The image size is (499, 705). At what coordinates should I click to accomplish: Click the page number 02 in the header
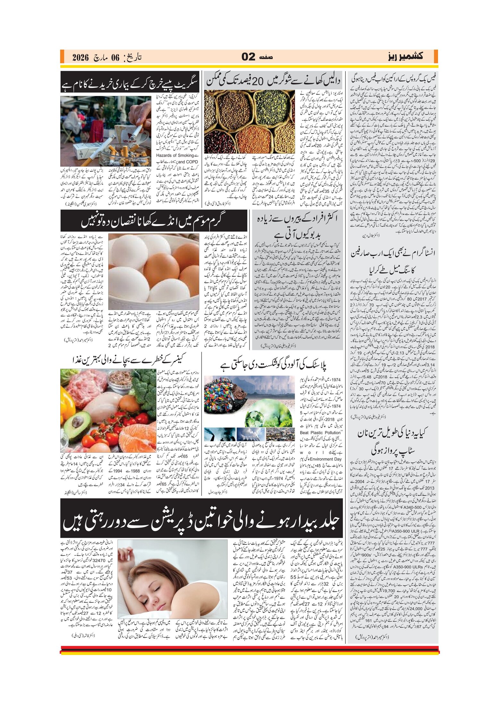(248, 57)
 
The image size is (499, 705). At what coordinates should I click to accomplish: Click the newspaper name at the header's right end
(405, 56)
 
